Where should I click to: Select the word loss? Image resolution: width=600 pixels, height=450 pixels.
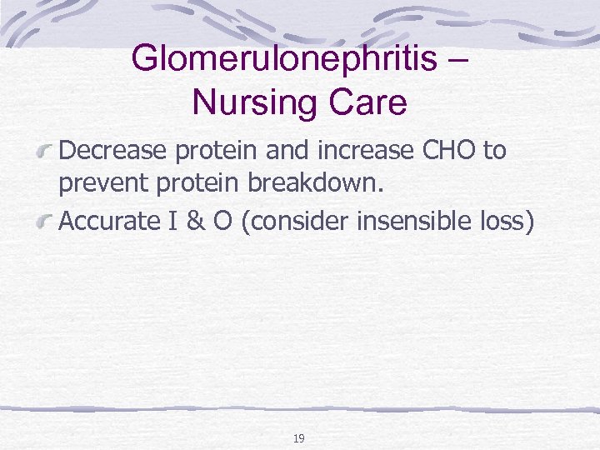(x=507, y=222)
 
